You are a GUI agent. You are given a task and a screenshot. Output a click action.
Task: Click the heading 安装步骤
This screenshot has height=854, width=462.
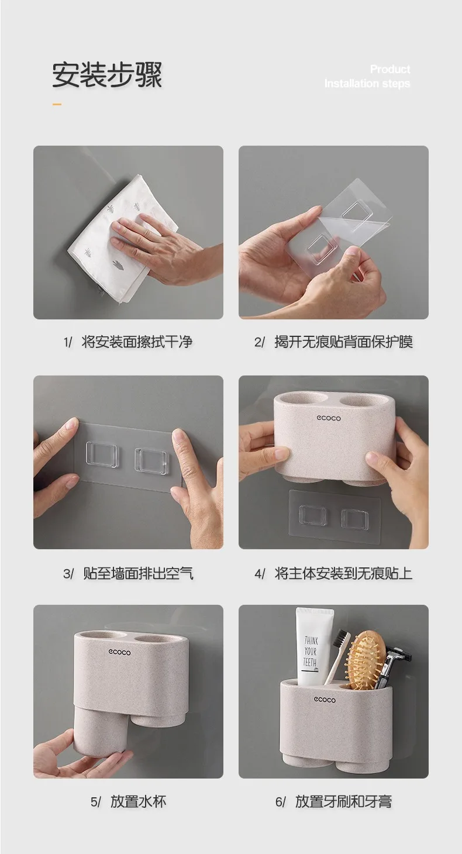[x=107, y=75]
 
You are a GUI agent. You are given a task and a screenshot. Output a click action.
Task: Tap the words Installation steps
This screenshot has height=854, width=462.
[x=367, y=84]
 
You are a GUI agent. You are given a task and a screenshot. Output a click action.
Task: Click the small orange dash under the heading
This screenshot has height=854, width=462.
[x=57, y=104]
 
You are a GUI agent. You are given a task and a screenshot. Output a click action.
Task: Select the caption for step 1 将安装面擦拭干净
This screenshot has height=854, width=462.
[x=137, y=342]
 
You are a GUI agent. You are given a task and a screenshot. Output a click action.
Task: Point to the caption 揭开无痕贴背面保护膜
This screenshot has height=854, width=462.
[x=343, y=342]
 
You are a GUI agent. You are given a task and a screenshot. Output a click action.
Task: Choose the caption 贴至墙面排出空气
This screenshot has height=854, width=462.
[x=138, y=573]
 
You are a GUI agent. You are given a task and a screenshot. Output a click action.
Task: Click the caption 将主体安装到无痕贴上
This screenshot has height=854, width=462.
[x=343, y=573]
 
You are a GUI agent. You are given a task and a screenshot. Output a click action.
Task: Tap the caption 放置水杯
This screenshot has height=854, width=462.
[x=139, y=802]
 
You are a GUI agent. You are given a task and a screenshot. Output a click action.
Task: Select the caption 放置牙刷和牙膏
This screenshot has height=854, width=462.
[x=343, y=802]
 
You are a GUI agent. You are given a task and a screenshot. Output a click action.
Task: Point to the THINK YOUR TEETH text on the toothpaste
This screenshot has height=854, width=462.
[x=311, y=652]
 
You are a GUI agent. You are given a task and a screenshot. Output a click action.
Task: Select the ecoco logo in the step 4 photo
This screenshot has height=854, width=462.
[x=329, y=418]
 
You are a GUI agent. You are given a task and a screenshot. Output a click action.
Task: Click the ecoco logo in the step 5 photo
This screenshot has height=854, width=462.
[x=119, y=652]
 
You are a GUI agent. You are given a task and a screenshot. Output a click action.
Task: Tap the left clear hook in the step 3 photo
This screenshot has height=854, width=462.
[x=101, y=456]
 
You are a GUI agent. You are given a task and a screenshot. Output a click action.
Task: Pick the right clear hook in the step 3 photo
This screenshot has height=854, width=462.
[x=151, y=459]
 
